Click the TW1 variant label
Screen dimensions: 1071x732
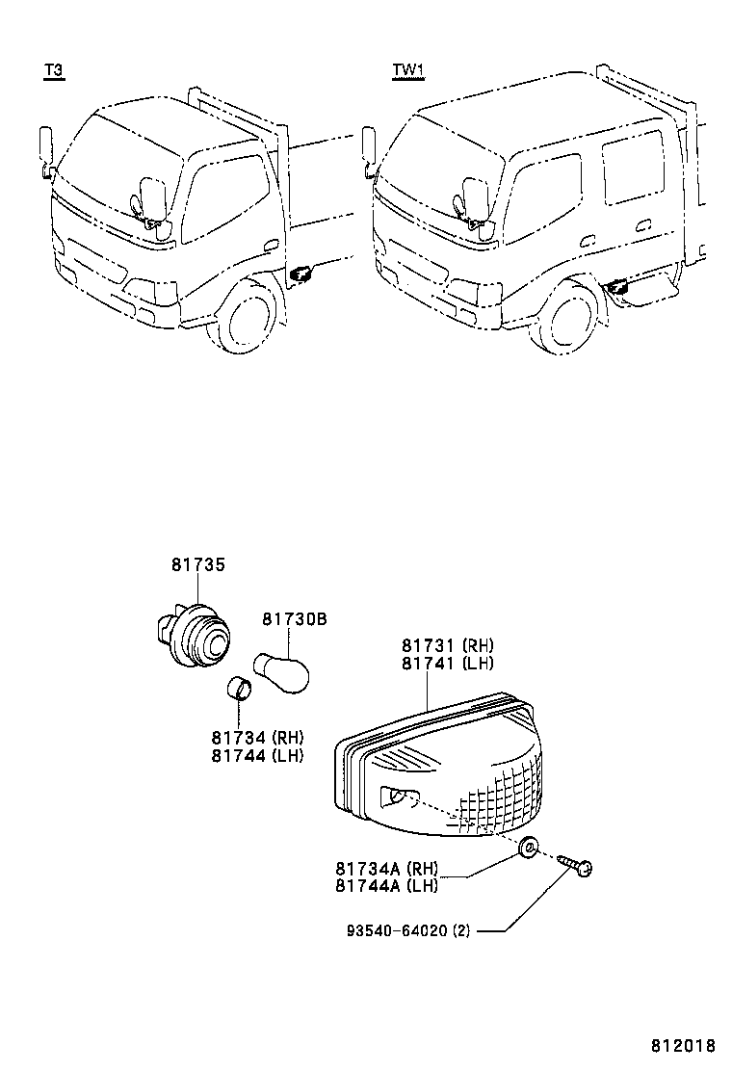[408, 70]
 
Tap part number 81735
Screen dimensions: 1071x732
[198, 565]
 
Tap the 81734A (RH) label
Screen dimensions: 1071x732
[387, 868]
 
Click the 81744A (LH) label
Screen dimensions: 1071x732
[387, 886]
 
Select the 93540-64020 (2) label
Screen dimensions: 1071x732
[409, 931]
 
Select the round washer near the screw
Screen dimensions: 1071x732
[529, 849]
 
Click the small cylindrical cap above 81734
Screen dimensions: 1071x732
[239, 690]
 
